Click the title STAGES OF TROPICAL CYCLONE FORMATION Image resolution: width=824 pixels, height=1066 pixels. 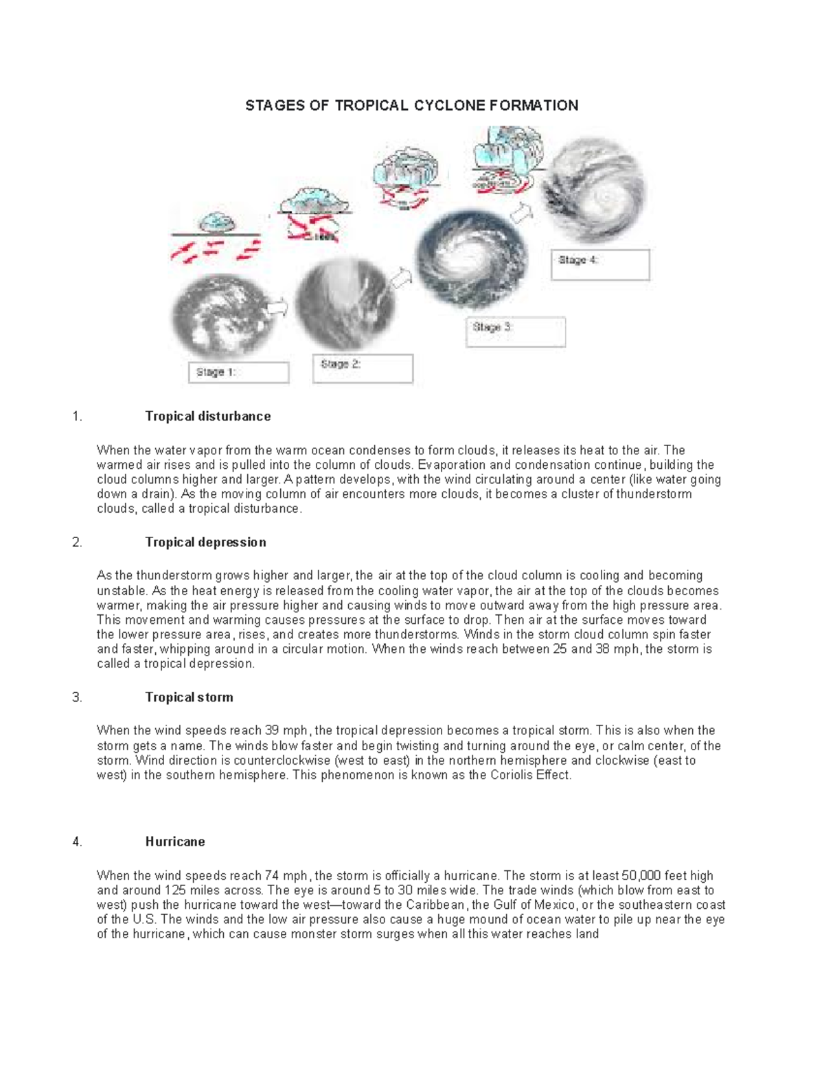tap(412, 105)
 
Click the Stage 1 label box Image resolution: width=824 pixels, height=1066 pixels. tap(238, 373)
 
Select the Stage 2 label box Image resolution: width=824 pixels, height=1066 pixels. tap(363, 369)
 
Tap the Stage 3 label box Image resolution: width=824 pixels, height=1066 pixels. tap(515, 332)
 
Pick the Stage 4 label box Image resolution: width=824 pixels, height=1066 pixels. tap(599, 265)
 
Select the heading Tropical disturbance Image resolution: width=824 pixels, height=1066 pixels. tap(207, 416)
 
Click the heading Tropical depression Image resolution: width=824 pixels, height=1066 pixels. tap(205, 542)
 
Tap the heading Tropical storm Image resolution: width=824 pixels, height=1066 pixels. tap(189, 697)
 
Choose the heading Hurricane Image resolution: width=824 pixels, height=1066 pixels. tap(174, 842)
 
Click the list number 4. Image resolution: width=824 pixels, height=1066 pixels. tap(77, 842)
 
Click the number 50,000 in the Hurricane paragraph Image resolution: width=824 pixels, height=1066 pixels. tap(641, 875)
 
